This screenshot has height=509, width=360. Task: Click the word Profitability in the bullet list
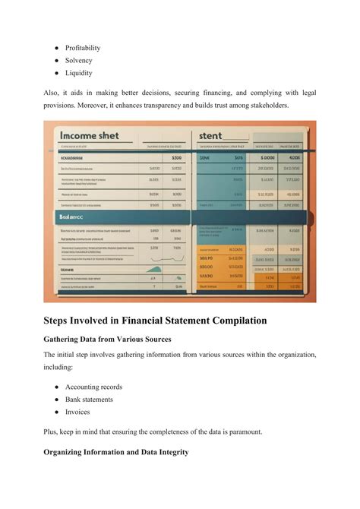pos(83,48)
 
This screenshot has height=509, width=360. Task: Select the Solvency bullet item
pos(79,61)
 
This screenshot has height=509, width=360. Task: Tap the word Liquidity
pos(79,74)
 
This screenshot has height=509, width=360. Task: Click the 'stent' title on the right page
pos(210,135)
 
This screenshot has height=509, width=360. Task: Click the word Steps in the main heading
pos(61,321)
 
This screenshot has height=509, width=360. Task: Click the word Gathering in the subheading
pos(67,340)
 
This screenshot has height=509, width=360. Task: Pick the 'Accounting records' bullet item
pos(93,387)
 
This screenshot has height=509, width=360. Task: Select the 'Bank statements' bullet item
pos(89,400)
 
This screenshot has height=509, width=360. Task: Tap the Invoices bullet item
pos(77,413)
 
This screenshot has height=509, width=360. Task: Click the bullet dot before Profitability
pos(57,48)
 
